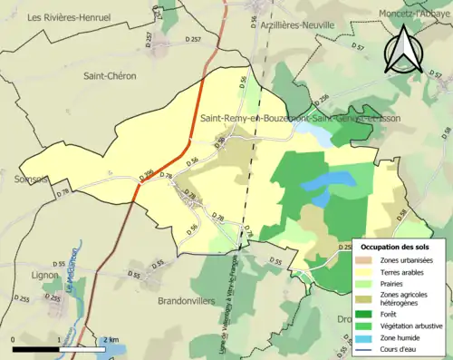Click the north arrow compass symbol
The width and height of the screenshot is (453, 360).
pos(402,48)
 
